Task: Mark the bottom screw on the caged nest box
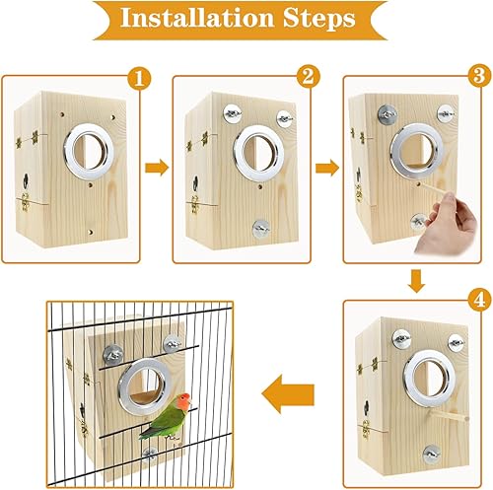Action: (149, 453)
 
